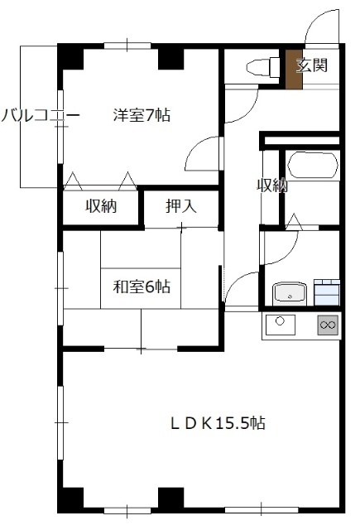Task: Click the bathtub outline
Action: pyautogui.click(x=310, y=165)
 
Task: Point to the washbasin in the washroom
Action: pyautogui.click(x=289, y=292)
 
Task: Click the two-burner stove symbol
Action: pyautogui.click(x=328, y=325)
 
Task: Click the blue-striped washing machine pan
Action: pyautogui.click(x=326, y=291)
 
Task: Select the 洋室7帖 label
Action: pyautogui.click(x=142, y=116)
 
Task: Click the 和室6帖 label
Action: pyautogui.click(x=142, y=287)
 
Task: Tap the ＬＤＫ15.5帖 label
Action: pyautogui.click(x=218, y=423)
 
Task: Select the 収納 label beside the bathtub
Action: pyautogui.click(x=271, y=185)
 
